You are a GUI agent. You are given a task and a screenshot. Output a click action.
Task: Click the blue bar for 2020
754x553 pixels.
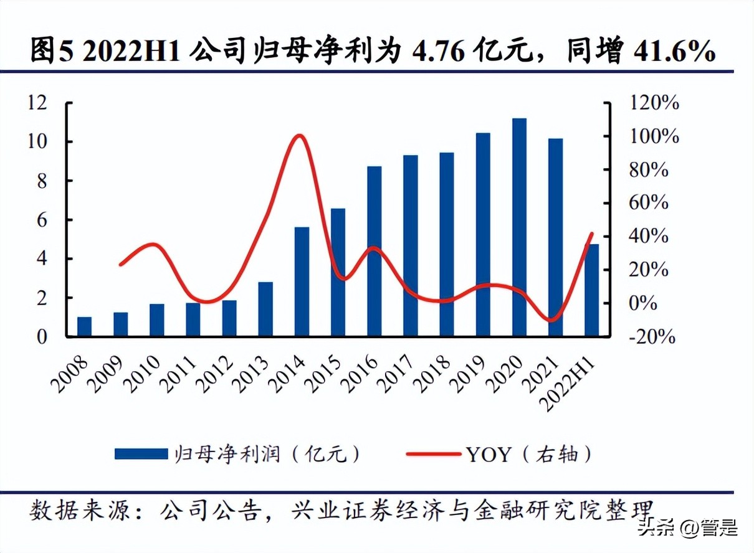tap(519, 227)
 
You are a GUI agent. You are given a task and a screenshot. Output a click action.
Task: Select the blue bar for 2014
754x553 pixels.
tap(302, 281)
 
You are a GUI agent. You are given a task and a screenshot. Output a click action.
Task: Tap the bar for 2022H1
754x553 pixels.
tap(591, 290)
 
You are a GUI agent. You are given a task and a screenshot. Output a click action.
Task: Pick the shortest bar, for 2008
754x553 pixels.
tap(84, 327)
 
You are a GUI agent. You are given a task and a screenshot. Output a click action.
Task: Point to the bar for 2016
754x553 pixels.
tap(374, 252)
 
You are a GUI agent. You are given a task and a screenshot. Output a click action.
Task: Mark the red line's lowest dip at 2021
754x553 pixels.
tap(552, 321)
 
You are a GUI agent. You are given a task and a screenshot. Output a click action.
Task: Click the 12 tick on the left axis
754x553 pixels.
tap(37, 103)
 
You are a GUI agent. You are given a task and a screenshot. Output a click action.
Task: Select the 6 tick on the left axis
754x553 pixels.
tap(42, 220)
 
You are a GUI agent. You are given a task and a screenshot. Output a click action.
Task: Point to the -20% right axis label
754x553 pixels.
tap(651, 337)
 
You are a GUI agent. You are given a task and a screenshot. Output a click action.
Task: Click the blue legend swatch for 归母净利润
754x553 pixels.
tap(141, 454)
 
